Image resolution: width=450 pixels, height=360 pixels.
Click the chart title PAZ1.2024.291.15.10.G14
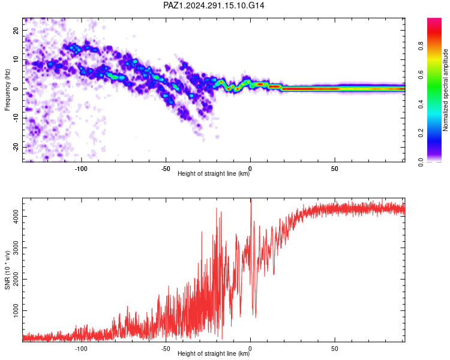[x=214, y=5]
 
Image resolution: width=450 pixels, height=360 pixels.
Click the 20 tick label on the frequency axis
[x=16, y=30]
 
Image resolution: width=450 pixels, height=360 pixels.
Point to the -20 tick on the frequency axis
[x=16, y=147]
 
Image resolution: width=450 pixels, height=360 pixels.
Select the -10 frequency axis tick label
[x=16, y=118]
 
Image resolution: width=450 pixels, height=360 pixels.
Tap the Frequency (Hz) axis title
[x=7, y=90]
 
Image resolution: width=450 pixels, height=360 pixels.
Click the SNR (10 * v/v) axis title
[x=7, y=270]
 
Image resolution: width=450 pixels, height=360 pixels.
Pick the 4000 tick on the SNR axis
[x=16, y=217]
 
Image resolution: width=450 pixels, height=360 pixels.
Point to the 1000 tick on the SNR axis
[x=16, y=311]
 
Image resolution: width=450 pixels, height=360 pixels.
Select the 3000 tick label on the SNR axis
[x=16, y=248]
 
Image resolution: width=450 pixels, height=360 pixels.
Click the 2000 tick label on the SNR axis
[x=16, y=279]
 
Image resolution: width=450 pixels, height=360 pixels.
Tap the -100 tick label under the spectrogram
[x=81, y=169]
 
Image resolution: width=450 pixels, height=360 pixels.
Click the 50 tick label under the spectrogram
[x=335, y=169]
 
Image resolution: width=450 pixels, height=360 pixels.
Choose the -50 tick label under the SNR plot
[x=166, y=349]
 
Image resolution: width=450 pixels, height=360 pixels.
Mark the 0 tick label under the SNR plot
[x=250, y=349]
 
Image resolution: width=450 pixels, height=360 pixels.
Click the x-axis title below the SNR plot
[x=214, y=353]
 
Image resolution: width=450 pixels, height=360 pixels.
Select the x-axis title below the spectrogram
[x=214, y=173]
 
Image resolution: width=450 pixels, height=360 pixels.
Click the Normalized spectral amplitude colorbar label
[x=445, y=90]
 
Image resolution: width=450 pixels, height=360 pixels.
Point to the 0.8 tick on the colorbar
[x=421, y=46]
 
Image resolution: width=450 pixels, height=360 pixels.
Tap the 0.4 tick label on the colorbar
[x=421, y=104]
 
